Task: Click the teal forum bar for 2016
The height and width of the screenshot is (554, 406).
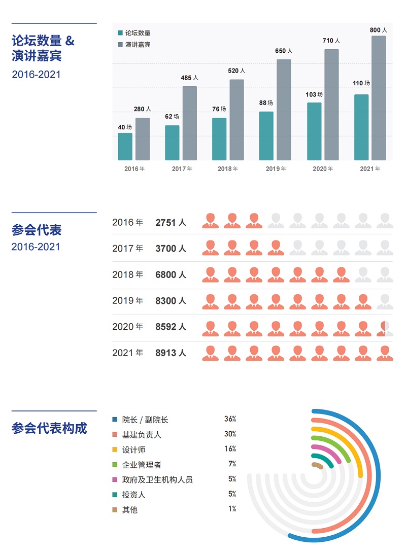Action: pyautogui.click(x=125, y=147)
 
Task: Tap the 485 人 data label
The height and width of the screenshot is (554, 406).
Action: pyautogui.click(x=189, y=78)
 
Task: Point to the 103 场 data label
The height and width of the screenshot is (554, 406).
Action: pyautogui.click(x=314, y=94)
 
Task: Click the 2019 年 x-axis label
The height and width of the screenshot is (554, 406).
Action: pyautogui.click(x=276, y=169)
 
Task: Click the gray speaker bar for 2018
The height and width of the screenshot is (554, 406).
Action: pyautogui.click(x=236, y=120)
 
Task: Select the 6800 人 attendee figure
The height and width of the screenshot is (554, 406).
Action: pyautogui.click(x=171, y=275)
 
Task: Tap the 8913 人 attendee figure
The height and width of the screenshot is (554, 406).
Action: pyautogui.click(x=171, y=353)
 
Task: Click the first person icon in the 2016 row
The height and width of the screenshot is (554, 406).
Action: pyautogui.click(x=210, y=221)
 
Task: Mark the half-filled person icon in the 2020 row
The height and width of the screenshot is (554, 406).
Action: pyautogui.click(x=385, y=329)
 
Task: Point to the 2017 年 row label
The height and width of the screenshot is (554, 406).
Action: pyautogui.click(x=128, y=249)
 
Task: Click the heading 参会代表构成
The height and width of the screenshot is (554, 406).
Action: pyautogui.click(x=49, y=428)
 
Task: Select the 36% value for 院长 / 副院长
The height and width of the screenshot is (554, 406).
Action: pyautogui.click(x=230, y=419)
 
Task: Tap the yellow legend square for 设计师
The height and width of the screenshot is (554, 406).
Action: pyautogui.click(x=115, y=449)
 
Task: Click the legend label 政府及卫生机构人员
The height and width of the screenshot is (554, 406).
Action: pyautogui.click(x=157, y=479)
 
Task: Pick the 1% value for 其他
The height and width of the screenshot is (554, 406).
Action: pyautogui.click(x=232, y=509)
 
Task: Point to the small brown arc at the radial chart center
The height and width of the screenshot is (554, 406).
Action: pyautogui.click(x=318, y=465)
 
